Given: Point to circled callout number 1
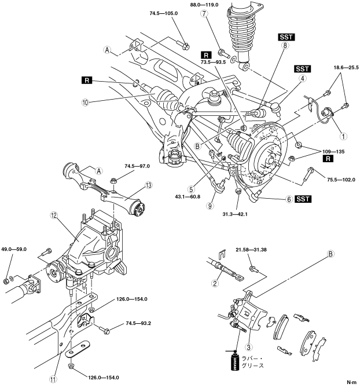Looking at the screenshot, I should coord(343,137).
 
